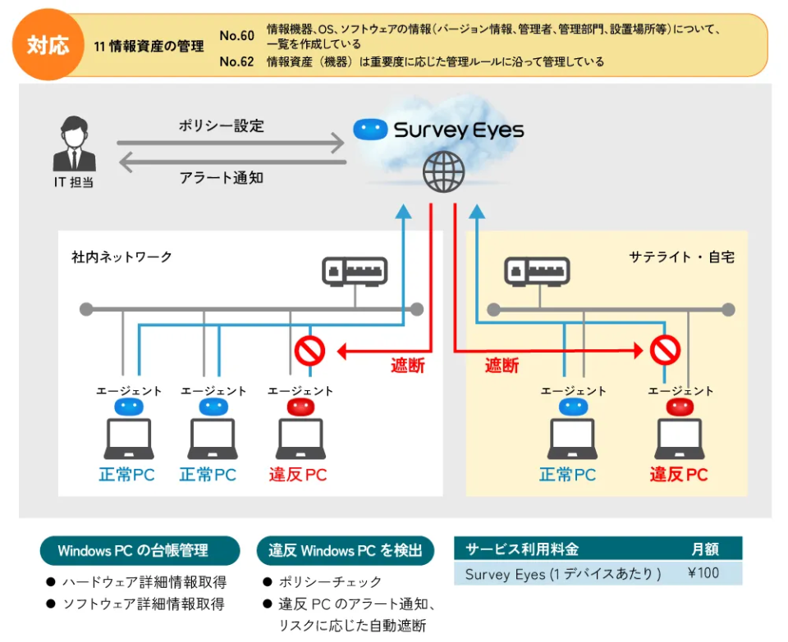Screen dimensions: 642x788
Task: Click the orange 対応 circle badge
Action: [48, 44]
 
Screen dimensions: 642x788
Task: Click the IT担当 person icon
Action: [74, 145]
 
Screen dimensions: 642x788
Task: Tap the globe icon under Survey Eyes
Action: [443, 172]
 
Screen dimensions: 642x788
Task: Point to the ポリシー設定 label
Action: [221, 126]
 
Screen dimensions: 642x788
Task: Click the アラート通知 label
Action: [221, 176]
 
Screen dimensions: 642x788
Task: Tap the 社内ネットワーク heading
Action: [122, 257]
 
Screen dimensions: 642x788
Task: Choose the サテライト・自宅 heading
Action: [681, 257]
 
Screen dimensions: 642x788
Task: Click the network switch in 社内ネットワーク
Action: [355, 271]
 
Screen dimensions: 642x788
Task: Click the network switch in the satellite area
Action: [535, 271]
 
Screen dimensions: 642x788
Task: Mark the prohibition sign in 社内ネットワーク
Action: [309, 351]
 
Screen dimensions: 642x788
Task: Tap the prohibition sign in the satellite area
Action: [665, 351]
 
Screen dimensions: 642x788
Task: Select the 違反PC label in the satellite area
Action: [679, 475]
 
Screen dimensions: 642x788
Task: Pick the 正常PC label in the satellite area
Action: [567, 475]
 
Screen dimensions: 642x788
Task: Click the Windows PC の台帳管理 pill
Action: [140, 551]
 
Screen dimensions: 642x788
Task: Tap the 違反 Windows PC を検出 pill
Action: [346, 551]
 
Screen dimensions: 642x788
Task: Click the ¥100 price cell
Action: [703, 573]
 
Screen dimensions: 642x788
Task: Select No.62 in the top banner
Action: [237, 61]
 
